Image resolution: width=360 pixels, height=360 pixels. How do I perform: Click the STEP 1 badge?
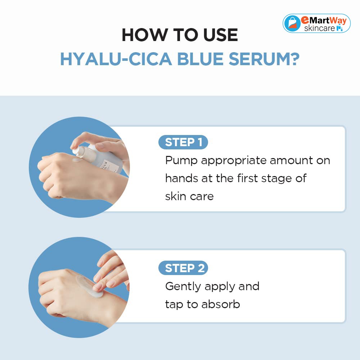coord(183,142)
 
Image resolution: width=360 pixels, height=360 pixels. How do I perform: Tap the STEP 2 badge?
coord(183,268)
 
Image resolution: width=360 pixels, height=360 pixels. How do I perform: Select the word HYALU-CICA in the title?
coord(116,59)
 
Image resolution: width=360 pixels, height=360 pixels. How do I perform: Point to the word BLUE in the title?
coord(200,59)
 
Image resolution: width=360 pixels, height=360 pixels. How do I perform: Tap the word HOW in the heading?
coord(145,35)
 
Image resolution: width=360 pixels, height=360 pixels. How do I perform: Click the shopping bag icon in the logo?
coord(292,23)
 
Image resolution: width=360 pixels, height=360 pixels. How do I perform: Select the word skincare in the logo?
coord(319,28)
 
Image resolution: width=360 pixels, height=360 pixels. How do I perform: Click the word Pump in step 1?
coord(181,161)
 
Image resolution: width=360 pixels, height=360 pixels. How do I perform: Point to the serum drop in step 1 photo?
coord(77,160)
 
